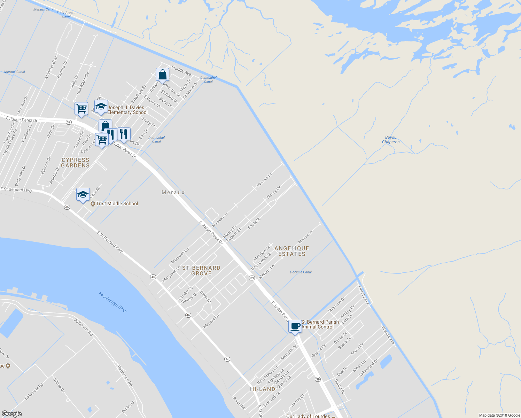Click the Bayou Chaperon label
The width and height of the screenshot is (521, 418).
(x=391, y=140)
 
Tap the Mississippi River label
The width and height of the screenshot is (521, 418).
(x=113, y=302)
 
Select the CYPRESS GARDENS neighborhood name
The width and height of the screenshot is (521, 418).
(x=76, y=163)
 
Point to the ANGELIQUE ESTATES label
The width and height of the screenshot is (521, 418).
(x=292, y=251)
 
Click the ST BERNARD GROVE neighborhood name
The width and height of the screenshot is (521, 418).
(x=201, y=271)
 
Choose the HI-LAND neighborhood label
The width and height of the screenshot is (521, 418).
(x=263, y=389)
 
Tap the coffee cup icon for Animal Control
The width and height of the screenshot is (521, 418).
(x=295, y=326)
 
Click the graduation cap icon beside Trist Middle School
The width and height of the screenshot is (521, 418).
(x=83, y=194)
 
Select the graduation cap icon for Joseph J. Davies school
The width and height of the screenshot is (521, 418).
(x=101, y=107)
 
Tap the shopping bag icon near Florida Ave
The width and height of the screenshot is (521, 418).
(x=162, y=75)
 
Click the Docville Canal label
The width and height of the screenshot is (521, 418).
(x=301, y=272)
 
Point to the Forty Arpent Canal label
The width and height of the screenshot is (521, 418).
(x=66, y=14)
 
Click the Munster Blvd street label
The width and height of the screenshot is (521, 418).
(x=51, y=67)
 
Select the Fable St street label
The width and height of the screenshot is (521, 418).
(x=254, y=223)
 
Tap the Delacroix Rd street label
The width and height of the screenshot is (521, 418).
(x=34, y=392)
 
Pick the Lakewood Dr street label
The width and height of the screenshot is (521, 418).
(x=368, y=368)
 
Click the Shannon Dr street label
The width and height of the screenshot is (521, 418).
(x=336, y=304)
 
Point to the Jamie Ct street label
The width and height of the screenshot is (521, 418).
(x=297, y=400)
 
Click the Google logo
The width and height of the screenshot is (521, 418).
(x=11, y=414)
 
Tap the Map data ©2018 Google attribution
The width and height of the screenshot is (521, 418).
(x=499, y=415)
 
